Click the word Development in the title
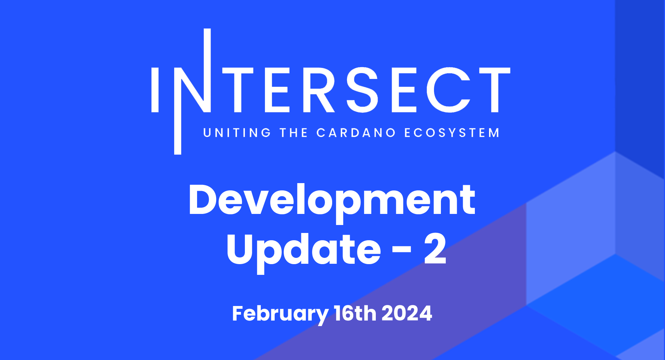click(332, 201)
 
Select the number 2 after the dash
click(435, 249)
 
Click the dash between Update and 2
click(402, 249)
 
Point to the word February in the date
click(280, 314)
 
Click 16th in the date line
click(355, 314)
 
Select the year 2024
click(407, 314)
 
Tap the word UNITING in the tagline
click(237, 133)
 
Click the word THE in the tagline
click(294, 133)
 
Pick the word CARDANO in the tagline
click(356, 133)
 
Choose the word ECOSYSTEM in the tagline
click(452, 133)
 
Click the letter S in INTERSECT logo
click(362, 90)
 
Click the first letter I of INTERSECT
click(155, 90)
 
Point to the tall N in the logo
click(194, 90)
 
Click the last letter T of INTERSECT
click(495, 90)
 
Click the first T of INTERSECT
click(238, 90)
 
